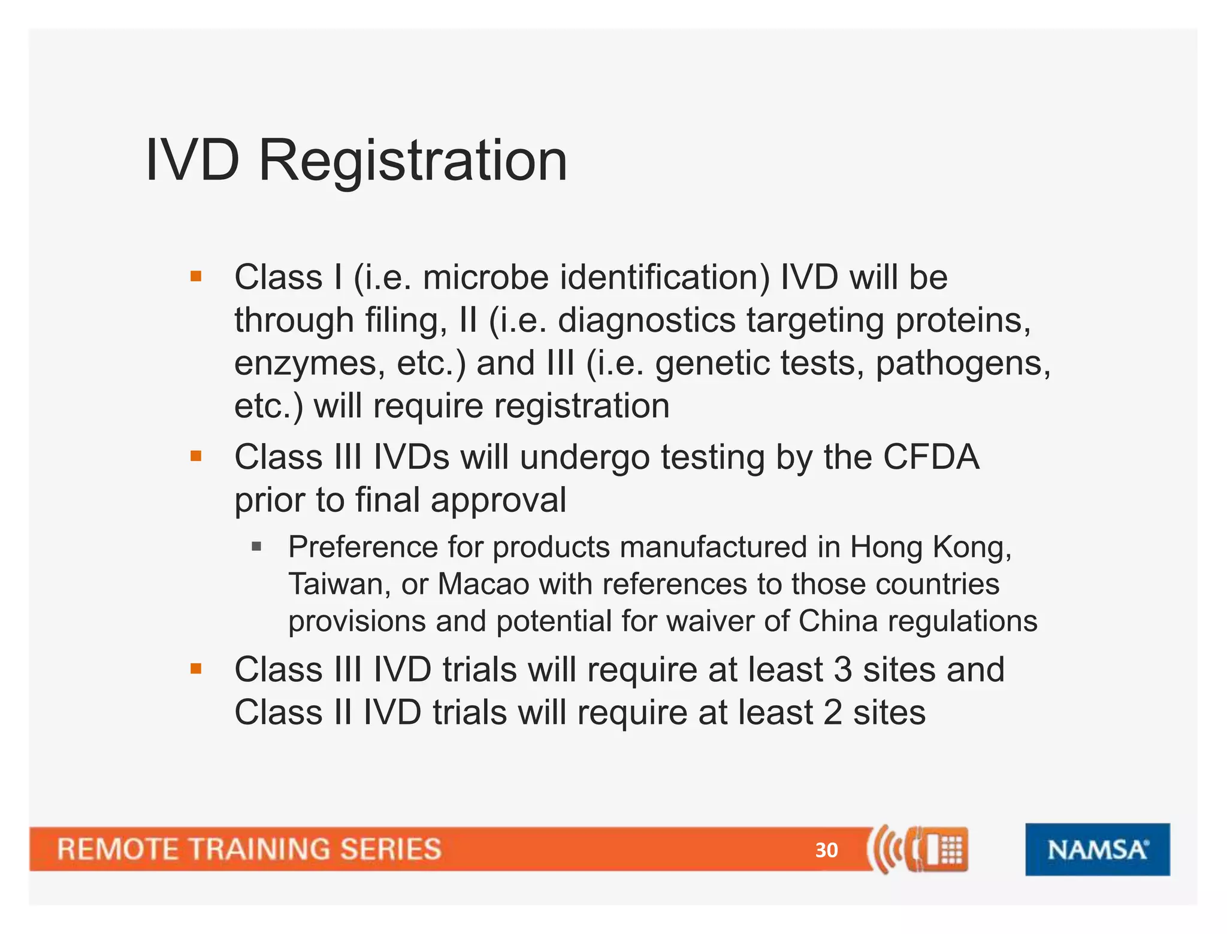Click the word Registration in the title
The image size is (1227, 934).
click(x=412, y=160)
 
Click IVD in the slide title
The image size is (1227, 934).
click(x=192, y=160)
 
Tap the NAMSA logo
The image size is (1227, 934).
click(x=1097, y=849)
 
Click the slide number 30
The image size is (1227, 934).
click(x=826, y=850)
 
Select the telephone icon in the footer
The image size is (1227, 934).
click(x=938, y=849)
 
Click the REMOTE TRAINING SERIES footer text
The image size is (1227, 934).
click(x=249, y=849)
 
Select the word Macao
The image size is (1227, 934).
click(x=483, y=584)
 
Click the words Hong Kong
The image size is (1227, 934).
click(x=929, y=547)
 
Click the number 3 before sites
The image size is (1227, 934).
click(x=842, y=669)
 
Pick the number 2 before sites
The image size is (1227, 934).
click(x=833, y=712)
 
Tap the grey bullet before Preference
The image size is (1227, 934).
click(x=256, y=546)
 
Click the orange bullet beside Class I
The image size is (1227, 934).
click(x=195, y=277)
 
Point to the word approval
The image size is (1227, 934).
click(x=498, y=501)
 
